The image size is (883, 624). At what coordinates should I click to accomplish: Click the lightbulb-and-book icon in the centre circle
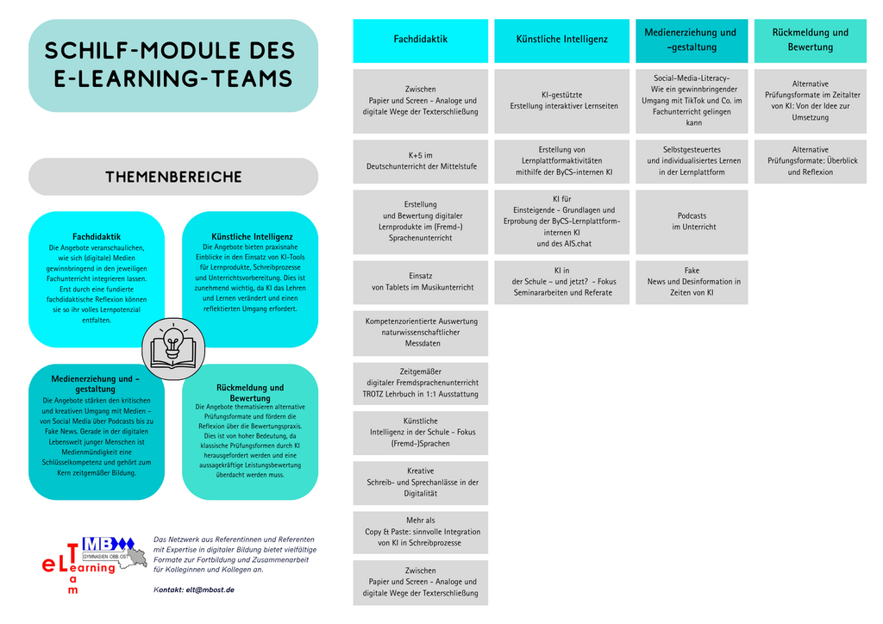[x=173, y=349]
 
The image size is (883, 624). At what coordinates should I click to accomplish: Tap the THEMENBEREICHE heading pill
[x=173, y=177]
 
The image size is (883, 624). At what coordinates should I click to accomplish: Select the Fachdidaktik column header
[x=421, y=41]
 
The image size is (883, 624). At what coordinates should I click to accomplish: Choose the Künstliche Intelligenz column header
[x=562, y=41]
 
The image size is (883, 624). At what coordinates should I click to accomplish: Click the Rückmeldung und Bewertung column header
[x=811, y=41]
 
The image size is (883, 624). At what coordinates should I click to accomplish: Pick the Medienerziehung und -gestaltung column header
[x=692, y=41]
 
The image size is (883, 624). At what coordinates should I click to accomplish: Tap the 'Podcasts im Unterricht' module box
[x=692, y=222]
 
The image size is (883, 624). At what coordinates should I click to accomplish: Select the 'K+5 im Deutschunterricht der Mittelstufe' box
[x=421, y=161]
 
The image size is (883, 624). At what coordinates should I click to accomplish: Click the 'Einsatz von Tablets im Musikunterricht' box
[x=421, y=282]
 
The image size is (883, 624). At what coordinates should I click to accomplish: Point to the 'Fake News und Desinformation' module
[x=692, y=282]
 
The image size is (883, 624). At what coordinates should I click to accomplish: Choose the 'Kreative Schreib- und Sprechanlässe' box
[x=421, y=483]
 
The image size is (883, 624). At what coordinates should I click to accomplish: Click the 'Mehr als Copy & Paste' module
[x=421, y=533]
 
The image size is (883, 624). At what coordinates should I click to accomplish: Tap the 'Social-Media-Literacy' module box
[x=692, y=101]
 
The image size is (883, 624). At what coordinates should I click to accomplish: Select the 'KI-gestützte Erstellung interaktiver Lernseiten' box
[x=562, y=101]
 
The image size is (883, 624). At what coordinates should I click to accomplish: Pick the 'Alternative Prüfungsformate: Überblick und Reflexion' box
[x=811, y=161]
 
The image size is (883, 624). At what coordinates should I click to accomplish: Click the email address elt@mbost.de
[x=210, y=590]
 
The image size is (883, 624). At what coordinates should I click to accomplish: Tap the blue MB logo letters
[x=100, y=544]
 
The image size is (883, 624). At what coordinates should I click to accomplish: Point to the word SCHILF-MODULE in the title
[x=139, y=51]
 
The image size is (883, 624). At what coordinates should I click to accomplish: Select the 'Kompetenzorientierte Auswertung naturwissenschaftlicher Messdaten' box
[x=421, y=333]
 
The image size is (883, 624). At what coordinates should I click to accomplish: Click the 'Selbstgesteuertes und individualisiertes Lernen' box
[x=692, y=161]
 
